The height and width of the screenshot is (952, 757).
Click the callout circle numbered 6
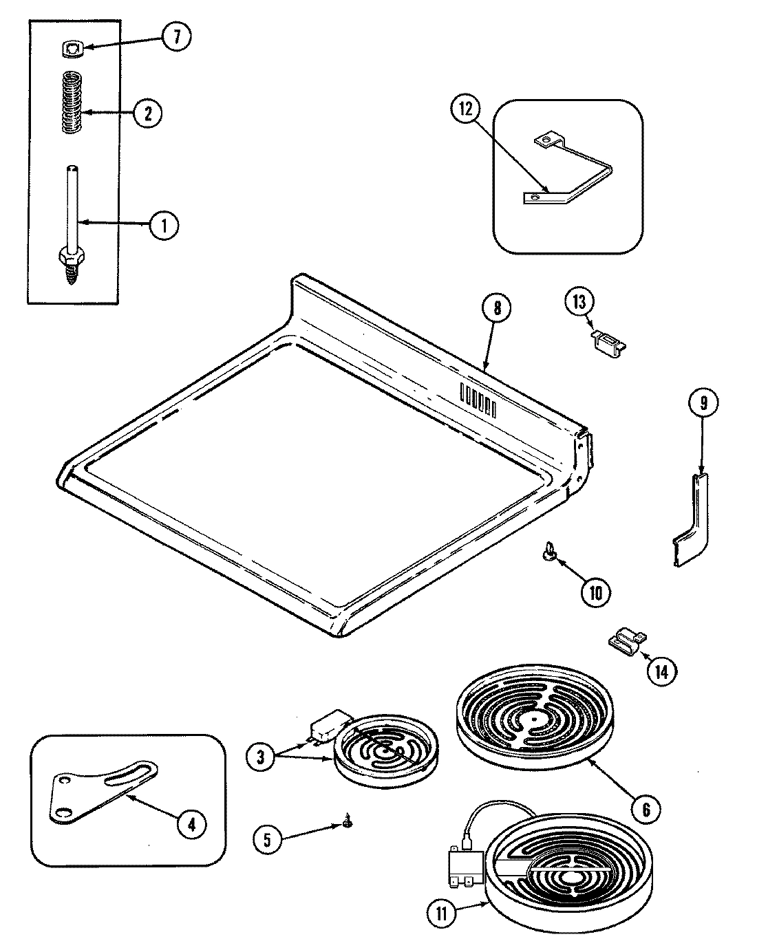(646, 809)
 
